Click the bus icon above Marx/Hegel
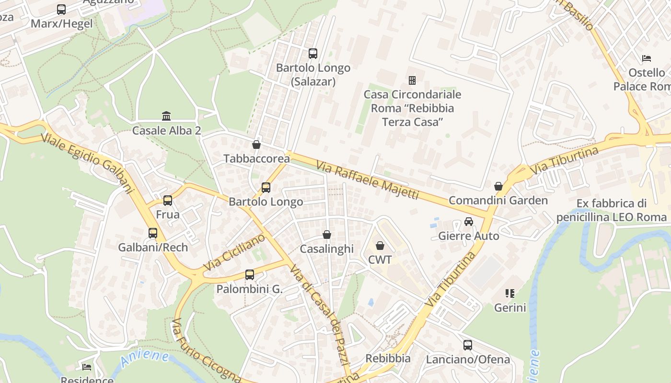pyautogui.click(x=61, y=10)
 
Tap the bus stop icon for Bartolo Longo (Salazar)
pyautogui.click(x=313, y=54)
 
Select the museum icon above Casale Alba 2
pyautogui.click(x=166, y=116)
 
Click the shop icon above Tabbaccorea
pyautogui.click(x=256, y=144)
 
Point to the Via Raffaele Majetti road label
pyautogui.click(x=367, y=180)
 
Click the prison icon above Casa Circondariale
pyautogui.click(x=412, y=80)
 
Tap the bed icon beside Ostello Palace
pyautogui.click(x=647, y=58)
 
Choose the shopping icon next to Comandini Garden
pyautogui.click(x=498, y=186)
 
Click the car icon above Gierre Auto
pyautogui.click(x=469, y=222)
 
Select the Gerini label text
pyautogui.click(x=510, y=307)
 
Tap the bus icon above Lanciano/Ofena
pyautogui.click(x=468, y=345)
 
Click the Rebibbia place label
pyautogui.click(x=388, y=358)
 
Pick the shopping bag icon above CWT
pyautogui.click(x=380, y=246)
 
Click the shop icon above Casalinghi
pyautogui.click(x=327, y=235)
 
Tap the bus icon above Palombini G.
pyautogui.click(x=250, y=275)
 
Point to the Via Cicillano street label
pyautogui.click(x=234, y=252)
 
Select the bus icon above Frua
pyautogui.click(x=168, y=200)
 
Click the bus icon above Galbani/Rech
pyautogui.click(x=153, y=233)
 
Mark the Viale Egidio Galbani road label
pyautogui.click(x=87, y=162)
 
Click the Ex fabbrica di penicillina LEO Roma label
pyautogui.click(x=611, y=210)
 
